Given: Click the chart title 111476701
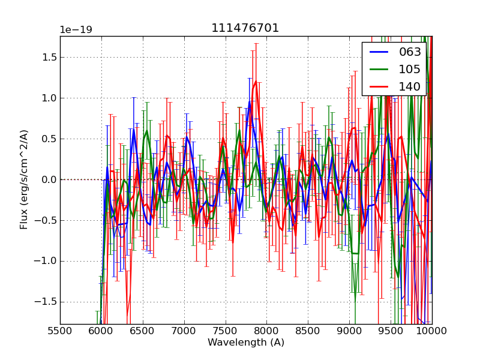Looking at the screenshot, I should point(245,28).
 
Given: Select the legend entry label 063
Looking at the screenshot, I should point(410,52).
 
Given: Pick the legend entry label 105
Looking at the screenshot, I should point(410,69).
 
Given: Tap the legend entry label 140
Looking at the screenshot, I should point(410,86).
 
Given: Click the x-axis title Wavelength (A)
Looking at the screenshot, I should point(246,343).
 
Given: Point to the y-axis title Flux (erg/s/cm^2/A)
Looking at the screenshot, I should point(25,179).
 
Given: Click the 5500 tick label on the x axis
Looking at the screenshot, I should point(60,331).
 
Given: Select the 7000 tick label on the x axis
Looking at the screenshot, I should point(184,331).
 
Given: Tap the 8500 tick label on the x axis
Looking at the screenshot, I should point(308,331).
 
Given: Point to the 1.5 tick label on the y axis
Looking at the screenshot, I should point(46,58).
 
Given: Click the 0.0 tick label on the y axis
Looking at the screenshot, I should point(46,179).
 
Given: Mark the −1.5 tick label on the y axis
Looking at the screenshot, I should point(44,302).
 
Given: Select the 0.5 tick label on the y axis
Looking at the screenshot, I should point(46,139).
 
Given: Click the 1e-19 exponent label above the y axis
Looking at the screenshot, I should point(76,30).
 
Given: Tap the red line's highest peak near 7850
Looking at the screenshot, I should point(256,82).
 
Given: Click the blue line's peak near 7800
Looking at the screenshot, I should point(250,102).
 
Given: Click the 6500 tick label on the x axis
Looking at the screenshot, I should point(143,331).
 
